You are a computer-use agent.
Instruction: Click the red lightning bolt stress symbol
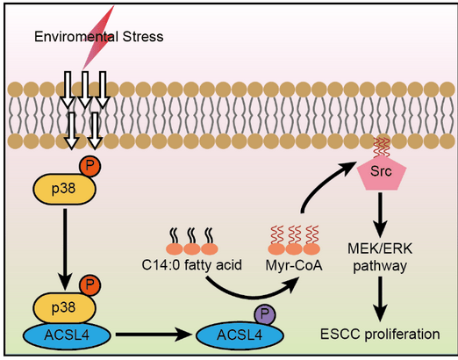click(98, 38)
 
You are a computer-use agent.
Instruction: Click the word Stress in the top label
click(143, 37)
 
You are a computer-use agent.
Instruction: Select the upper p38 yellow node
click(64, 189)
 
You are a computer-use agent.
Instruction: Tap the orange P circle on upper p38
click(89, 166)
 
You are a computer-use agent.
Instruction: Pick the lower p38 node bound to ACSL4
click(64, 308)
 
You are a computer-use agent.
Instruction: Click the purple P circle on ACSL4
click(264, 314)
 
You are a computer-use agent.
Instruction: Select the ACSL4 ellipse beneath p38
click(67, 335)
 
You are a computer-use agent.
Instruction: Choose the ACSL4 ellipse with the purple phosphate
click(240, 335)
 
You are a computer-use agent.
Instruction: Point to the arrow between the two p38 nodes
click(65, 249)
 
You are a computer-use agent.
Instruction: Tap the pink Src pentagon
click(382, 174)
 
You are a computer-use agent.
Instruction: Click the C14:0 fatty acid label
click(191, 265)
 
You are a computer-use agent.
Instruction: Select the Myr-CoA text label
click(294, 266)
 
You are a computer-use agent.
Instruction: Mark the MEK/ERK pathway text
click(380, 257)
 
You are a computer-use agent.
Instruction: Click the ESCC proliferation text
click(380, 334)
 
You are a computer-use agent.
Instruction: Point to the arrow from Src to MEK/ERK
click(380, 215)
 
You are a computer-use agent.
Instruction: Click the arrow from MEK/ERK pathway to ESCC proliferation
click(380, 299)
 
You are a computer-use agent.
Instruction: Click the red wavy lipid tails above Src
click(382, 148)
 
